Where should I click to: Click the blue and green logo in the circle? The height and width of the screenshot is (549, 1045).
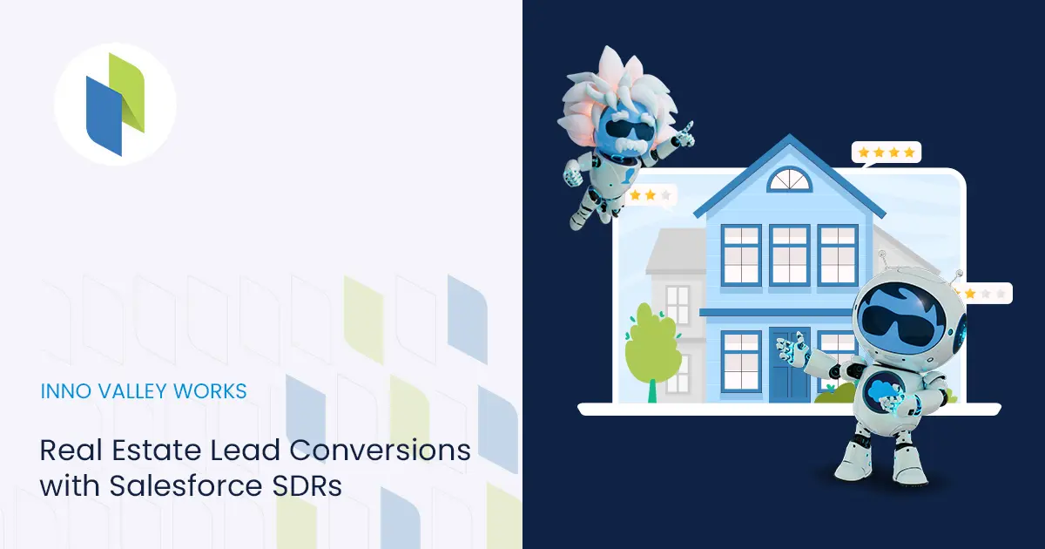115,104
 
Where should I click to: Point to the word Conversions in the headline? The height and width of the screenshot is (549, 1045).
380,450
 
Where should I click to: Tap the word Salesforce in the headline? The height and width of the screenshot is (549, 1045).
186,486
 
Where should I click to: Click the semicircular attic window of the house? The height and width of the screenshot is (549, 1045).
790,180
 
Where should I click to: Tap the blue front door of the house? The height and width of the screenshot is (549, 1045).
789,365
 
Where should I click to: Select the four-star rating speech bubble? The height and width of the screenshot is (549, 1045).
886,153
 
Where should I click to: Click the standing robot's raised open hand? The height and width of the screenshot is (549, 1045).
791,348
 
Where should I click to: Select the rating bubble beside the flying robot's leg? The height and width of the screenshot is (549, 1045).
651,197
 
